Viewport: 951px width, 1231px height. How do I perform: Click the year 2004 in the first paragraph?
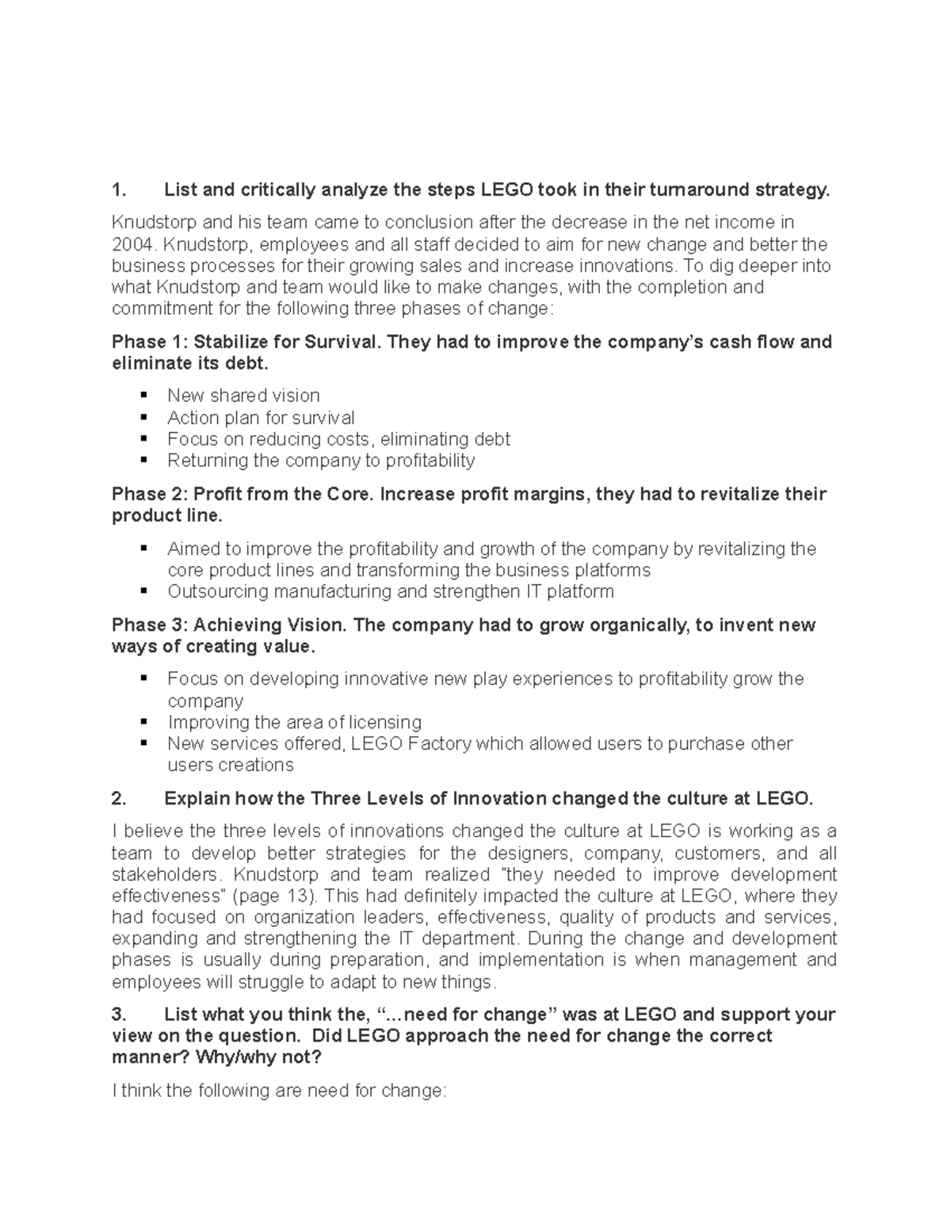pos(129,244)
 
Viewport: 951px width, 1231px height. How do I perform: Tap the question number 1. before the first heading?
pos(119,189)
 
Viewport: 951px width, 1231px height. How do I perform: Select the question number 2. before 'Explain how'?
pos(119,798)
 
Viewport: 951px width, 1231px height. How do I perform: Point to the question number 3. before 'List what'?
pos(119,1015)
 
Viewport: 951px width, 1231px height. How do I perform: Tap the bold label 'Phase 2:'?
pos(150,495)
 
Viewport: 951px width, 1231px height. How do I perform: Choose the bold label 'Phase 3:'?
pos(150,625)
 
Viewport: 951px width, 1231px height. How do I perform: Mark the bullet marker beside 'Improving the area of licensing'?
pos(143,722)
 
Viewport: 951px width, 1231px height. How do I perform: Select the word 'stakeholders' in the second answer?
pos(163,874)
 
